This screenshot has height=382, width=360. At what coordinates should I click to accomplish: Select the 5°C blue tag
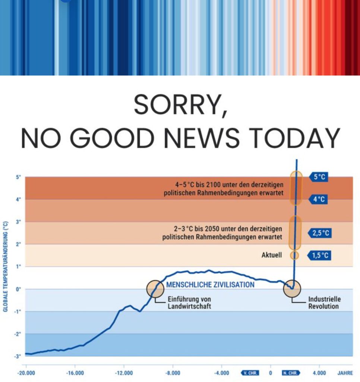pyautogui.click(x=319, y=177)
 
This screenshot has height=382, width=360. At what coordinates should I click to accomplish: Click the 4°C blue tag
pyautogui.click(x=318, y=199)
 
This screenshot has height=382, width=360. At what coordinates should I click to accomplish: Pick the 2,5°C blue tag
pyautogui.click(x=320, y=233)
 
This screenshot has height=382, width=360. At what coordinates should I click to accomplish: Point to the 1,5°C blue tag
pyautogui.click(x=319, y=256)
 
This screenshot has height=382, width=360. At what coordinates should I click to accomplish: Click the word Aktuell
pyautogui.click(x=272, y=255)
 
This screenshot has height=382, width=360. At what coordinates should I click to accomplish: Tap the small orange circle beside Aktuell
pyautogui.click(x=294, y=255)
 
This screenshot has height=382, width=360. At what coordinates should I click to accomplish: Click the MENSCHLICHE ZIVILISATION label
pyautogui.click(x=210, y=285)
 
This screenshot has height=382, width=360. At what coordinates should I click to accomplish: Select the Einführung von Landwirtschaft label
pyautogui.click(x=189, y=303)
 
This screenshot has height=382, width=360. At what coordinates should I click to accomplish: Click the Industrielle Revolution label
pyautogui.click(x=325, y=303)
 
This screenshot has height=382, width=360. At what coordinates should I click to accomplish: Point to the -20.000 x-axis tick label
pyautogui.click(x=26, y=373)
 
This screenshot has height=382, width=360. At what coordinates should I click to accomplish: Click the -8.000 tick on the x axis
pyautogui.click(x=173, y=373)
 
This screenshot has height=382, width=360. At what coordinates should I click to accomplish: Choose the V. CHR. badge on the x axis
pyautogui.click(x=250, y=373)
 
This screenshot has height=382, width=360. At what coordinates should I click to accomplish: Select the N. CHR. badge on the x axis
pyautogui.click(x=291, y=373)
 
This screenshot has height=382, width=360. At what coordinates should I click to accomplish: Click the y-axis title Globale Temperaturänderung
pyautogui.click(x=5, y=266)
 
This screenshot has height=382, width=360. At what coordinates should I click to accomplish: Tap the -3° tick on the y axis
pyautogui.click(x=17, y=356)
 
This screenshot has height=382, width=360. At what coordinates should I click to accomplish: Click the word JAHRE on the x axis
pyautogui.click(x=345, y=373)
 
